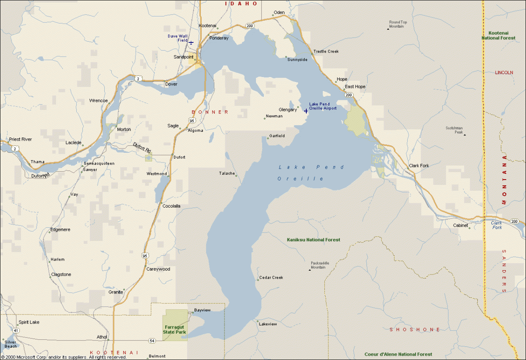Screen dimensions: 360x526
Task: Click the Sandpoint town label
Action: point(183,57)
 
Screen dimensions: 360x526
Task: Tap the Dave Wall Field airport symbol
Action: point(191,42)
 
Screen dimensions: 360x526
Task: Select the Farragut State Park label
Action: point(175,329)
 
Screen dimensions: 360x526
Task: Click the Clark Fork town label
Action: point(419,166)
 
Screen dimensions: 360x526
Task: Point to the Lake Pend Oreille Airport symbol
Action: point(306,111)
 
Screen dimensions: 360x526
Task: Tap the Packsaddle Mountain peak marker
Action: point(309,270)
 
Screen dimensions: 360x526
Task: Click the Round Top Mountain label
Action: point(398,24)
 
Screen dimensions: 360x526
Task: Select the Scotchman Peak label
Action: point(455,130)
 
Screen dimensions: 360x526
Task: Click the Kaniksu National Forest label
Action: point(313,240)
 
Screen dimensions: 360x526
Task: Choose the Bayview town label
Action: point(202,310)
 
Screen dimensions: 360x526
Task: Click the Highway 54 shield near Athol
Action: point(152,340)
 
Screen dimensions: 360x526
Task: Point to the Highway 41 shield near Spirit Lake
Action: point(16,330)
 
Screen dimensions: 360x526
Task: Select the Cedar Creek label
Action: point(271,278)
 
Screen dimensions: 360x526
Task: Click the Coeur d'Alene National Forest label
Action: point(398,354)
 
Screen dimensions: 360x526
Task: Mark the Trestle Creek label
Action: point(326,51)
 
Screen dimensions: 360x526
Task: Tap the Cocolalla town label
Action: point(171,206)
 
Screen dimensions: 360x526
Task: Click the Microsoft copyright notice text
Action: point(64,357)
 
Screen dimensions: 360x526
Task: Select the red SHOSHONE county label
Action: point(415,329)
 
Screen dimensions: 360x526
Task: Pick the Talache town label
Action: point(227,173)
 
